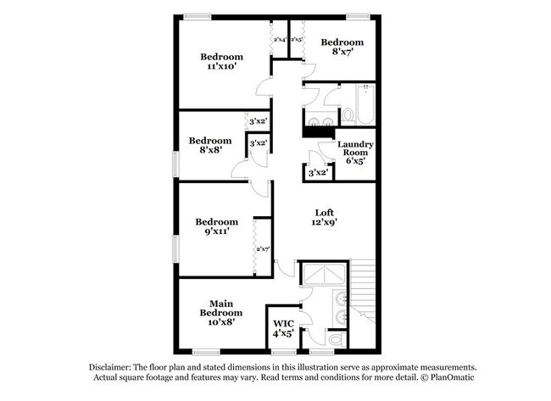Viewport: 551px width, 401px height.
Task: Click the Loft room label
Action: [x=323, y=212]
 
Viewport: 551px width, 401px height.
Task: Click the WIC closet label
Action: [x=282, y=323]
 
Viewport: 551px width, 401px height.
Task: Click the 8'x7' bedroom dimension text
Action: [x=342, y=52]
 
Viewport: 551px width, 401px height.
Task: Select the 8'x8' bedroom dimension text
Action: [x=209, y=151]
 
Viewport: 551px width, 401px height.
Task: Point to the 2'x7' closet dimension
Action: [x=263, y=248]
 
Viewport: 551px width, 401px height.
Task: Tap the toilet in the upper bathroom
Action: [x=347, y=113]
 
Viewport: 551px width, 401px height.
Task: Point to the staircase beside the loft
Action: [x=363, y=288]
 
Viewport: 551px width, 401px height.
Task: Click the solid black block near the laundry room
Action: [x=318, y=130]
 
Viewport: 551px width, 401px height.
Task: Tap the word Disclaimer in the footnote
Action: [x=114, y=365]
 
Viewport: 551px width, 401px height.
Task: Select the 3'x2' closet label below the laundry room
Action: [x=318, y=172]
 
